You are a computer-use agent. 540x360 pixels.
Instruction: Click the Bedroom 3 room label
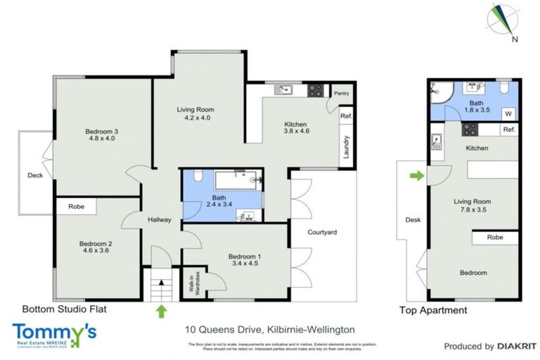(101, 134)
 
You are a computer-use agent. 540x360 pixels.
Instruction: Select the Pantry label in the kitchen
(342, 93)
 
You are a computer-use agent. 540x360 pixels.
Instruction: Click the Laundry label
(346, 147)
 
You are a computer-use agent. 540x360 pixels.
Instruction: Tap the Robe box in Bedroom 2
(77, 207)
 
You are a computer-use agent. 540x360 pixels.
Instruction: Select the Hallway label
(160, 220)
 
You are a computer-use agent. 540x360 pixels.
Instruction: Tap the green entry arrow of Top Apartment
(416, 176)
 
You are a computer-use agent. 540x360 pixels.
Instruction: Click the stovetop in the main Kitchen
(316, 90)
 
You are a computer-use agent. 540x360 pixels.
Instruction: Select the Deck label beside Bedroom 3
(34, 176)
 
